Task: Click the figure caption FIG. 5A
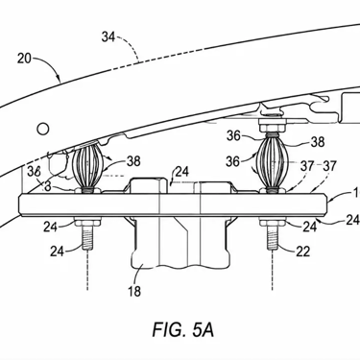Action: [x=183, y=329]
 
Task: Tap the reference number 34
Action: [x=108, y=37]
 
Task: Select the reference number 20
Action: [x=24, y=59]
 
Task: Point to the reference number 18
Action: [x=134, y=291]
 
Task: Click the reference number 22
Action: [x=302, y=252]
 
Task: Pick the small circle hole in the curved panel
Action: [x=43, y=129]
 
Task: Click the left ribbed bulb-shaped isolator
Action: [x=87, y=168]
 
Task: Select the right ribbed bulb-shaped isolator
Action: [x=272, y=162]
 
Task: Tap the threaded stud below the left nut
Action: [x=87, y=237]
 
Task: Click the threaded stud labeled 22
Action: [x=273, y=237]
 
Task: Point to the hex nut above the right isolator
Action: [x=272, y=128]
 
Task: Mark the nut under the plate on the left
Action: [x=87, y=222]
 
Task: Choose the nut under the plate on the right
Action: [x=273, y=222]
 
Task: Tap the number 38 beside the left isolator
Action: [x=133, y=161]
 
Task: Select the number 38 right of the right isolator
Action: [x=318, y=142]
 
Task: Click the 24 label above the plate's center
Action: [x=182, y=172]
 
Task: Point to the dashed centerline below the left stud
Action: [x=87, y=271]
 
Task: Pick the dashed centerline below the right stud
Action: [x=273, y=271]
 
